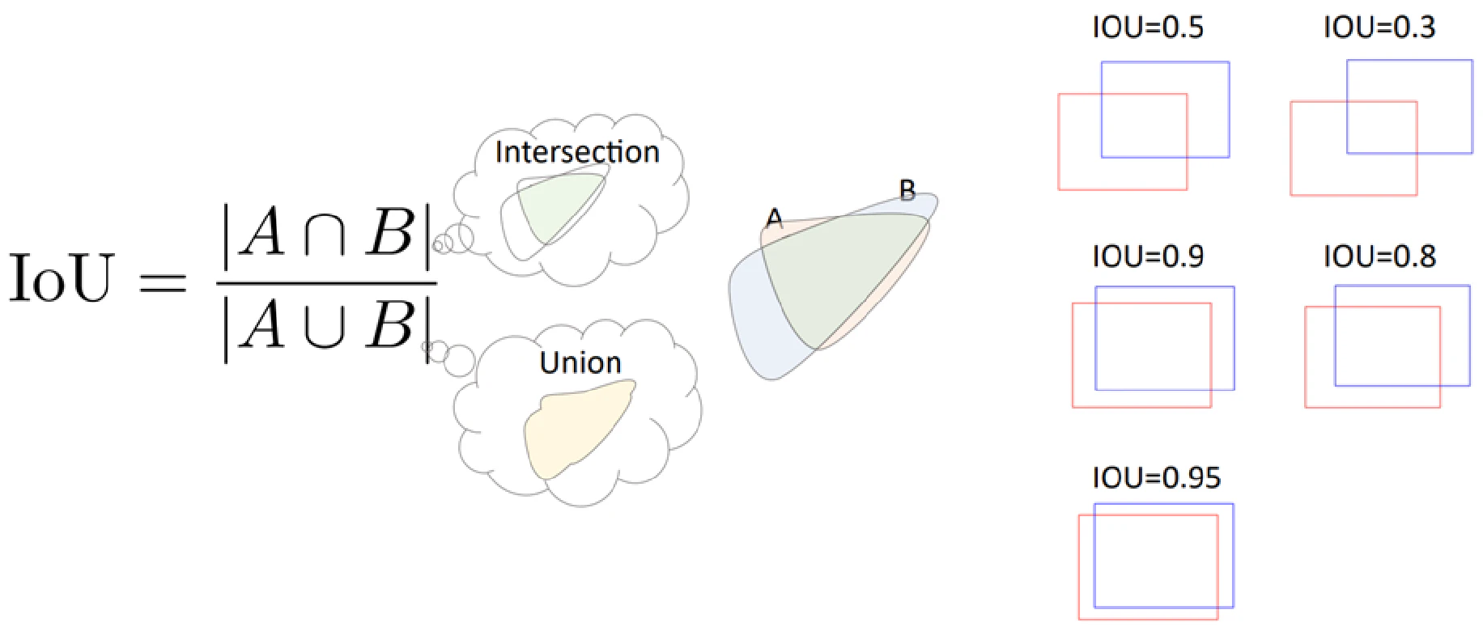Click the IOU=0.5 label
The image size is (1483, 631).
1148,28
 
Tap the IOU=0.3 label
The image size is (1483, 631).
1379,28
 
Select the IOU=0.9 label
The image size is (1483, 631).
1148,256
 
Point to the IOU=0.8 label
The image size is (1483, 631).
1379,256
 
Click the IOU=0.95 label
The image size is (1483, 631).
1156,477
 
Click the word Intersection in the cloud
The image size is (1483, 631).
577,152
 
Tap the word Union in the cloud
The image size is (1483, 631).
580,362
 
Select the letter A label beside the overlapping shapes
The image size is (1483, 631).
775,218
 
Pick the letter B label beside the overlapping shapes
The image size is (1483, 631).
907,191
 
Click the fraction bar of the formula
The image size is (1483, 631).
327,283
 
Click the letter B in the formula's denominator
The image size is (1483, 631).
390,324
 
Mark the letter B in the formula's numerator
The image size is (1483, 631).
390,232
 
